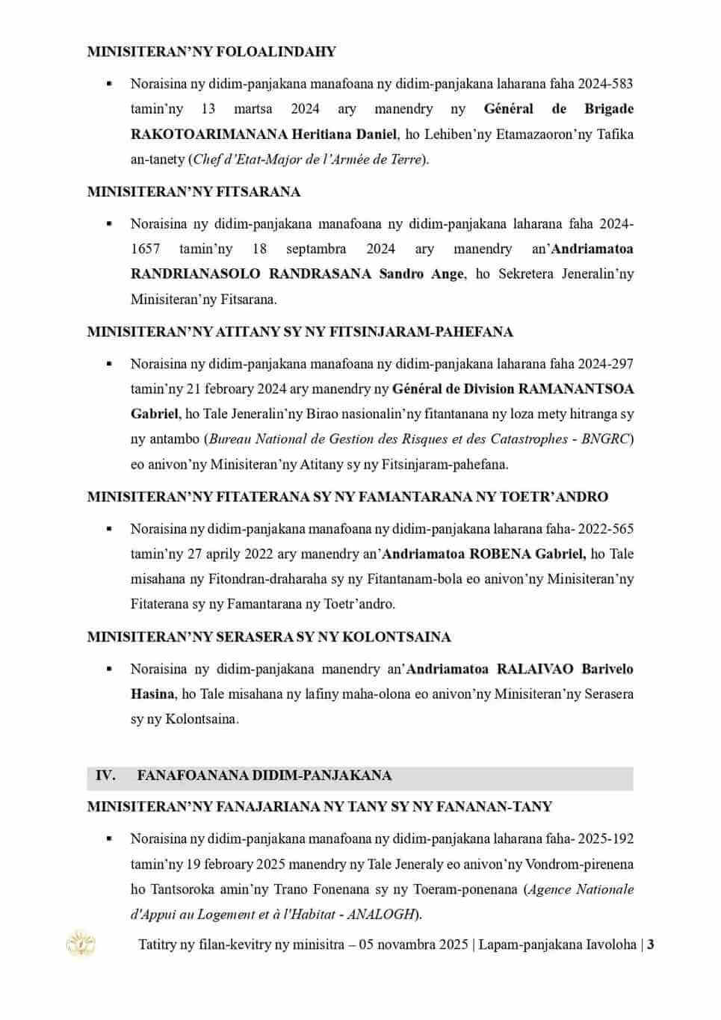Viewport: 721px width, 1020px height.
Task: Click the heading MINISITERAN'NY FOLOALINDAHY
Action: pyautogui.click(x=211, y=52)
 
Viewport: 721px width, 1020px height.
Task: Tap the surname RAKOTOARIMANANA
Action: pyautogui.click(x=208, y=135)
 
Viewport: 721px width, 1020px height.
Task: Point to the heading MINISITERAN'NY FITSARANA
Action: pyautogui.click(x=194, y=192)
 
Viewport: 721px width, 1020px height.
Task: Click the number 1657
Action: pyautogui.click(x=145, y=249)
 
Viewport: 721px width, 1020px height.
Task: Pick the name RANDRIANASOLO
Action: pyautogui.click(x=194, y=273)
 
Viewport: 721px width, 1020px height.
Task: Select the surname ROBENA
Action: pyautogui.click(x=500, y=554)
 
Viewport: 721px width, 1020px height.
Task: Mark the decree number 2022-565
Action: pyautogui.click(x=607, y=529)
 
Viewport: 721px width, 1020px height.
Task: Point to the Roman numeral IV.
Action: pyautogui.click(x=105, y=775)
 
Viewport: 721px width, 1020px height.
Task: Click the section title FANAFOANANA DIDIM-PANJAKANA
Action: pyautogui.click(x=264, y=775)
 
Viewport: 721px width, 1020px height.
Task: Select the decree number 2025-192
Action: pyautogui.click(x=607, y=839)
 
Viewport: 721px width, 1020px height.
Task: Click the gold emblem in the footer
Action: pyautogui.click(x=76, y=943)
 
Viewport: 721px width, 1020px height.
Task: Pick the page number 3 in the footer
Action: pyautogui.click(x=651, y=945)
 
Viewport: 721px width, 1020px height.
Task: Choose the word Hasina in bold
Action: pyautogui.click(x=153, y=693)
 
